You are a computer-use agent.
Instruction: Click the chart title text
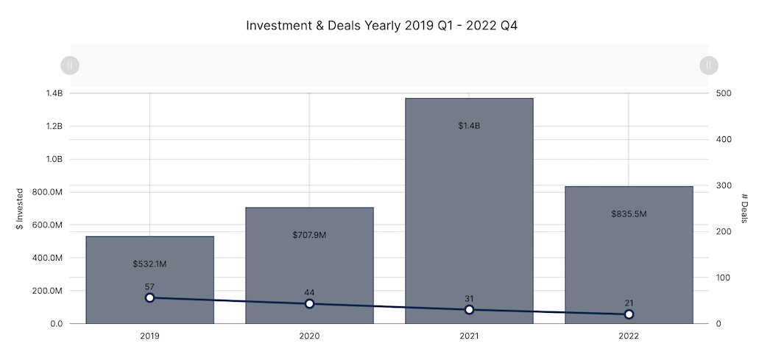386,26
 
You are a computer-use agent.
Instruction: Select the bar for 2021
469,213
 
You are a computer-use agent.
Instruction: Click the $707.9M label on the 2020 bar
309,236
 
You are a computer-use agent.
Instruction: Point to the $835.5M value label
629,213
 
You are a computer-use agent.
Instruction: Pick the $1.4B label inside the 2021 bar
469,126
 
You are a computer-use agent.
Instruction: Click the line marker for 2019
149,297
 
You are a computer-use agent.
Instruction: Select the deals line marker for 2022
629,314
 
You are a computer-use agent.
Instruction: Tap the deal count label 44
309,292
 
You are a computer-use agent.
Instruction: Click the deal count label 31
469,298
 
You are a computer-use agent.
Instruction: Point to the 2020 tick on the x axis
309,336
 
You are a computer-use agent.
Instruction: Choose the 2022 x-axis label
629,336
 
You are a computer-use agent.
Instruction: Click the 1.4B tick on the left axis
54,93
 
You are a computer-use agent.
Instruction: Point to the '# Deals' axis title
745,208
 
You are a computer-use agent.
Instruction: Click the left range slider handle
69,66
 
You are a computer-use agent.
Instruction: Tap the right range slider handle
708,66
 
